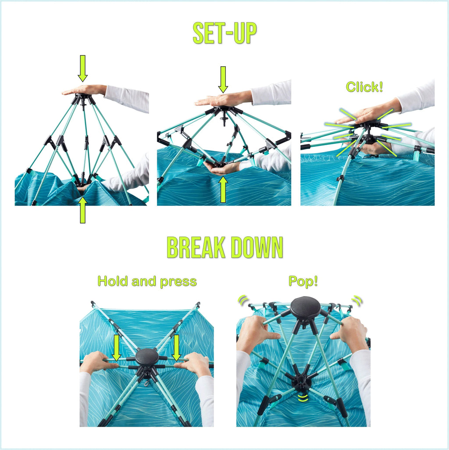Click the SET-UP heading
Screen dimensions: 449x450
tap(224, 33)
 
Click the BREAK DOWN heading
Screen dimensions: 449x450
tap(224, 247)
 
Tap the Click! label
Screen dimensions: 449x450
tap(364, 87)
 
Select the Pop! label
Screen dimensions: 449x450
tap(303, 281)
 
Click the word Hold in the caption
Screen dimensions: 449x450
tap(112, 281)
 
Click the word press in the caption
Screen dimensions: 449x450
tap(178, 282)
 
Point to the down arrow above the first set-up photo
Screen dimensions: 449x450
tap(82, 68)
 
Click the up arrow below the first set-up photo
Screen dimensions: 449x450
tap(82, 210)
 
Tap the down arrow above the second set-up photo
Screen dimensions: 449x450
tap(223, 80)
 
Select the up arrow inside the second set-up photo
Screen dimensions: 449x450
tap(223, 189)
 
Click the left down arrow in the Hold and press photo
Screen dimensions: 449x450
tap(116, 348)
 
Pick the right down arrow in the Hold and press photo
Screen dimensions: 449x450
tap(176, 348)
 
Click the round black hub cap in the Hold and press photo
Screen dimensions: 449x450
tap(147, 357)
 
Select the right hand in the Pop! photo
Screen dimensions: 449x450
tap(349, 334)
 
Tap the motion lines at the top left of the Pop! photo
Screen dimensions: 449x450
tap(243, 300)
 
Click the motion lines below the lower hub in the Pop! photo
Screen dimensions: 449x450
tap(303, 397)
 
